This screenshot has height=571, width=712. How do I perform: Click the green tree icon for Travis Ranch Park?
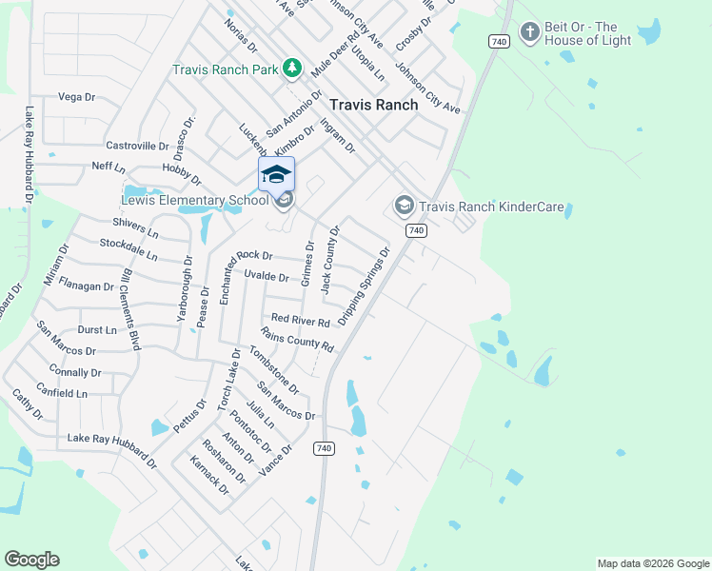[x=293, y=69]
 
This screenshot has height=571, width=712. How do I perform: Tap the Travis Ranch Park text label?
[x=225, y=69]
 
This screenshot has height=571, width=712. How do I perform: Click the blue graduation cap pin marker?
[x=276, y=175]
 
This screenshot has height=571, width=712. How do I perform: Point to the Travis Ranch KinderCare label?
[x=492, y=206]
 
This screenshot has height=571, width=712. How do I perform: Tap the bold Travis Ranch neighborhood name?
[x=373, y=105]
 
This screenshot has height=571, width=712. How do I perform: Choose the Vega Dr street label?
[x=77, y=97]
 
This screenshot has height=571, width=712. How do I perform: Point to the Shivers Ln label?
[x=134, y=227]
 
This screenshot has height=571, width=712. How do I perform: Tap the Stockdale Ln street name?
[x=129, y=249]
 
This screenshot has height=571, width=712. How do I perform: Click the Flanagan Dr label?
[x=86, y=285]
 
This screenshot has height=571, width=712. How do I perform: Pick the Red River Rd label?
[x=300, y=320]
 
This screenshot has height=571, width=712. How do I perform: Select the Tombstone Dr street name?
[x=273, y=369]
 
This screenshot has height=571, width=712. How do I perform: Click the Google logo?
[x=31, y=560]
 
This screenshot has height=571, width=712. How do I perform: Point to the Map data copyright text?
[x=652, y=563]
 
